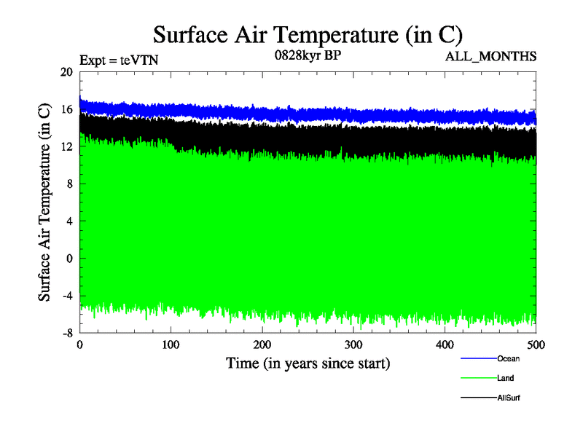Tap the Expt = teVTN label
click(x=119, y=60)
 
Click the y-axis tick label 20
click(x=67, y=72)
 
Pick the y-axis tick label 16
click(x=67, y=109)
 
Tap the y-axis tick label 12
click(x=67, y=146)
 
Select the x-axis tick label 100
click(x=171, y=345)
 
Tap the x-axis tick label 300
click(x=353, y=345)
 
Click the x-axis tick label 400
click(x=445, y=345)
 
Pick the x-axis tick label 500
click(x=536, y=345)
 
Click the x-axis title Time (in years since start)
click(x=308, y=363)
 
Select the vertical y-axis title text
click(x=44, y=202)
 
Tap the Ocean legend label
click(x=509, y=358)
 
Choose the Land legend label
click(x=506, y=378)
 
